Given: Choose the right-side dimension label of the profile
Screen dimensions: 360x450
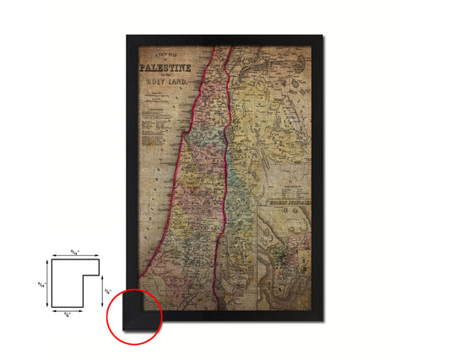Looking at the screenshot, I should tap(108, 292).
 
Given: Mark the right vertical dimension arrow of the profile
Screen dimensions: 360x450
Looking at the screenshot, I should tap(102, 292).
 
